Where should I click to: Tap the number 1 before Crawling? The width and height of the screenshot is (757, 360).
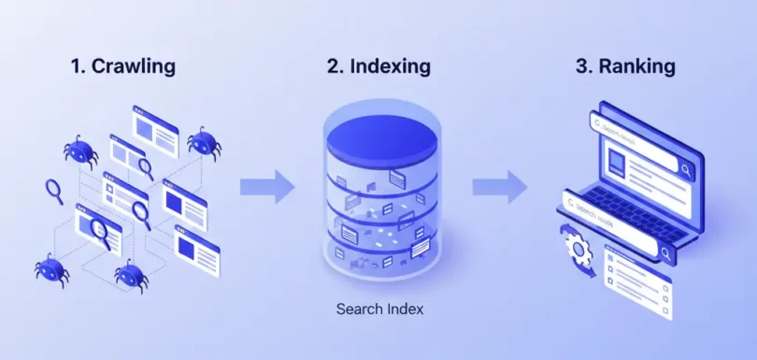pos(78,66)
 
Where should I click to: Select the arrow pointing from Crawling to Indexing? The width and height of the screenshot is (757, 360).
pos(266,187)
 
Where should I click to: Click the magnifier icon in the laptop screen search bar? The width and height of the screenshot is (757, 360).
pos(686,169)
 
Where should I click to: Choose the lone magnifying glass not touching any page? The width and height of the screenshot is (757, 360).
pos(53,191)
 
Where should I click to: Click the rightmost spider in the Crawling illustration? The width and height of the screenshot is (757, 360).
pos(203,142)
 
